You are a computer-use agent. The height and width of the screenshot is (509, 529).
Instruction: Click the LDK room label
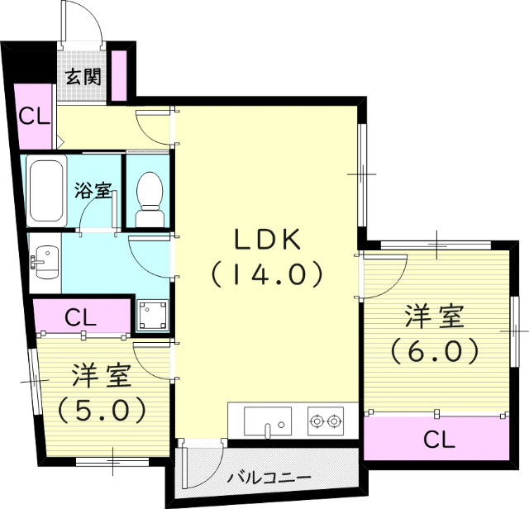coord(265,240)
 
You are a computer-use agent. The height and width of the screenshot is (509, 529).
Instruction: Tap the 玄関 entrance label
coord(83,78)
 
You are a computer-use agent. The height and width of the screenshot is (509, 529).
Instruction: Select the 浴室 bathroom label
coord(93,190)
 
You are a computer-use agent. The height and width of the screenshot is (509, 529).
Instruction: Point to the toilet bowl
coord(150,193)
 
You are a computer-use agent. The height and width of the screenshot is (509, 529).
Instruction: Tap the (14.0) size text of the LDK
coord(265,274)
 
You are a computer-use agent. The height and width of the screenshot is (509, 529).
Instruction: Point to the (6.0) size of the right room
coord(434,350)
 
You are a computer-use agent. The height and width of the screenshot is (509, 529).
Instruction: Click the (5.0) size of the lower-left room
coord(102,407)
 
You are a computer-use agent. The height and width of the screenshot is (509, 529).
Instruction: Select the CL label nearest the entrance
coord(34,116)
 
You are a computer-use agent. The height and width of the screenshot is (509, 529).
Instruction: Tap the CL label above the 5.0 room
coord(82,316)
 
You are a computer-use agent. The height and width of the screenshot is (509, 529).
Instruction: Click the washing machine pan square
coord(153,314)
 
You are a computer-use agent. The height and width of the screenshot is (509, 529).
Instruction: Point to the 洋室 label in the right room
coord(434,317)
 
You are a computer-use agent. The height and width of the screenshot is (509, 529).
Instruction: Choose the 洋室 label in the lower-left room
coord(102,376)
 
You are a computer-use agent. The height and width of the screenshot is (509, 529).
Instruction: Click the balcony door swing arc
coord(202,468)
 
